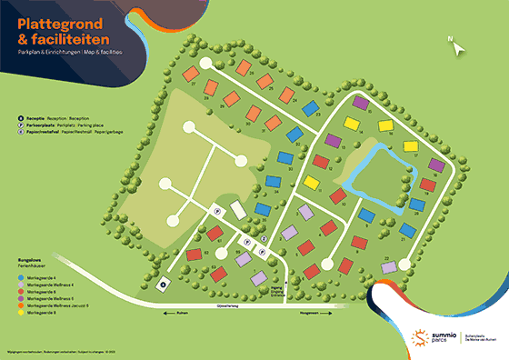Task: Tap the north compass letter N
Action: [449, 38]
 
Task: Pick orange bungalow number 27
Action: [192, 74]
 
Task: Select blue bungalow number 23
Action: [309, 109]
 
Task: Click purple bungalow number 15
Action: [361, 104]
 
